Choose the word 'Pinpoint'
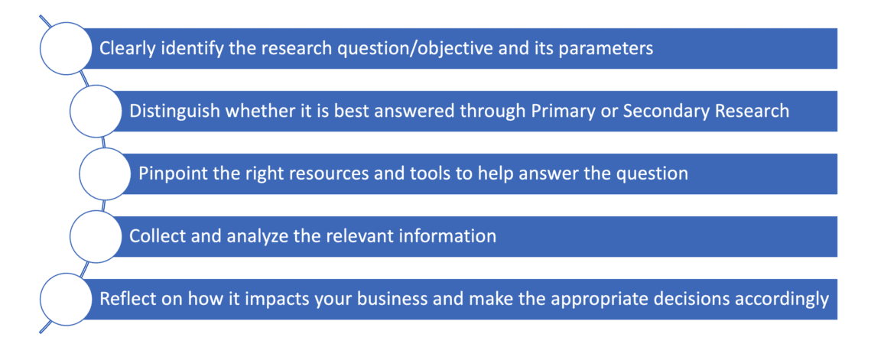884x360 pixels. [x=170, y=174]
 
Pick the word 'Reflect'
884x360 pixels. [x=125, y=299]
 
